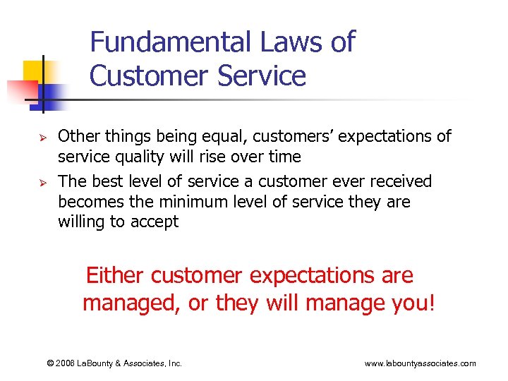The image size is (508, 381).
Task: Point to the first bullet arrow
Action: [42, 136]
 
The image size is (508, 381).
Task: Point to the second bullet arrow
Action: [42, 182]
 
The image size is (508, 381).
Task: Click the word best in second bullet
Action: [105, 181]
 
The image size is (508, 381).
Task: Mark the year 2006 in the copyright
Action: [68, 363]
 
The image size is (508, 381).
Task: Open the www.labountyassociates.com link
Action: [420, 363]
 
